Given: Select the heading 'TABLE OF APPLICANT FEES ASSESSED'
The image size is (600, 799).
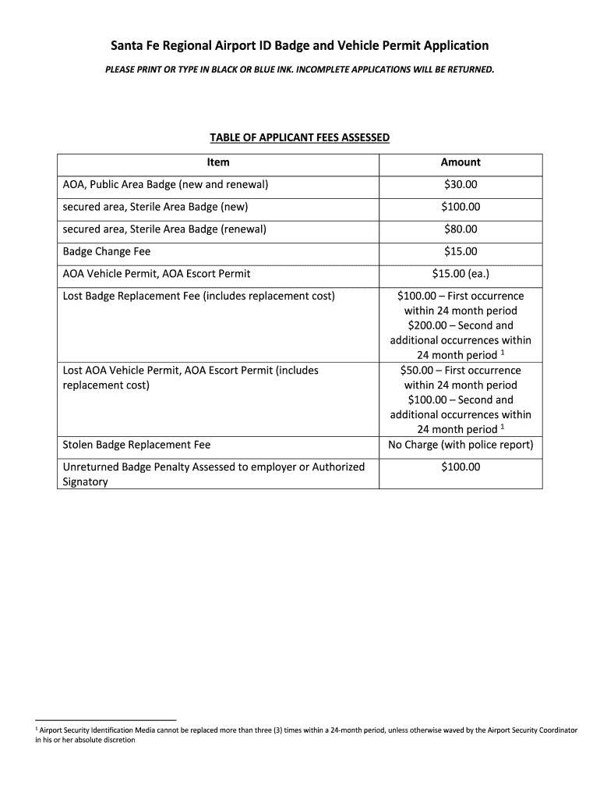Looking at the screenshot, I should tap(299, 138).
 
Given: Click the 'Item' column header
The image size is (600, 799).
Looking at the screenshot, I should tap(218, 162).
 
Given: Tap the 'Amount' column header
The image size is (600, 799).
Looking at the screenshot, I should tap(461, 162).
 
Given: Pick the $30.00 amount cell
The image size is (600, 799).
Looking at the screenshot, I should tap(461, 185).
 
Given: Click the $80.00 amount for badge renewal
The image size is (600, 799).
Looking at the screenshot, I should tap(461, 229).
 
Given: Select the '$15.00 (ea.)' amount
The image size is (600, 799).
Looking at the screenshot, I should tap(461, 274).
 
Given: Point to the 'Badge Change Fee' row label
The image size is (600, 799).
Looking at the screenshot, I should tap(107, 252).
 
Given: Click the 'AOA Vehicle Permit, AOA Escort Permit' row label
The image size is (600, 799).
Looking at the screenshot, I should tap(157, 274).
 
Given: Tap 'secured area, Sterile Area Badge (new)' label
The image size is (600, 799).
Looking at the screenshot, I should tap(155, 208).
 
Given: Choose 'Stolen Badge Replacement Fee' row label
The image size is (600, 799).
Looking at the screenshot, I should tap(136, 446).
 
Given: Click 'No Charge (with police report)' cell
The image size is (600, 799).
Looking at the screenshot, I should tap(461, 446).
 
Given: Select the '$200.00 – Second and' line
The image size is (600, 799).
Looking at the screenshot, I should tap(461, 325).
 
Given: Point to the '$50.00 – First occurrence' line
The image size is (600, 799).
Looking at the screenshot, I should tap(461, 371).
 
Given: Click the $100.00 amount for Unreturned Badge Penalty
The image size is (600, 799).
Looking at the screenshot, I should tap(461, 467).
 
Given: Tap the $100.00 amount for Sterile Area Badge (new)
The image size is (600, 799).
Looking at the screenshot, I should tap(461, 208).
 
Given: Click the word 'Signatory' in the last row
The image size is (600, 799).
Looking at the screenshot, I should tap(85, 482).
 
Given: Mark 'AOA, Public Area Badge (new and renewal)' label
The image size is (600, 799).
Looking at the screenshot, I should tap(166, 185).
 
